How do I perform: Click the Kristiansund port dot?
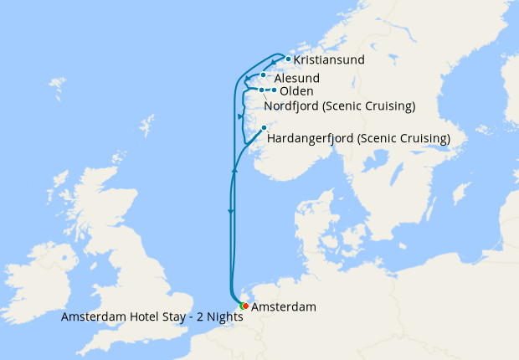coord(288,59)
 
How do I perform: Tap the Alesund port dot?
coord(263,75)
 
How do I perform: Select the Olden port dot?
coord(275,90)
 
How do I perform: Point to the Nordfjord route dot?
coord(262,90)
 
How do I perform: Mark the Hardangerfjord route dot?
coord(264,127)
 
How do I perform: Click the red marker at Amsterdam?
coord(244,306)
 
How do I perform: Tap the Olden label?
coord(296,91)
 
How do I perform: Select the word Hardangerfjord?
coord(311,138)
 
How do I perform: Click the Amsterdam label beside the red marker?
coord(284,307)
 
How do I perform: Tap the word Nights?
coord(221,317)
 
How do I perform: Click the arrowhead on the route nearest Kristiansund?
coord(273,64)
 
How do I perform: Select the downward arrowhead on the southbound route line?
coord(230,212)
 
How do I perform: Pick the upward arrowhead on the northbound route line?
coord(235,170)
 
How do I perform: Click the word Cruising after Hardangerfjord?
coord(424,138)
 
